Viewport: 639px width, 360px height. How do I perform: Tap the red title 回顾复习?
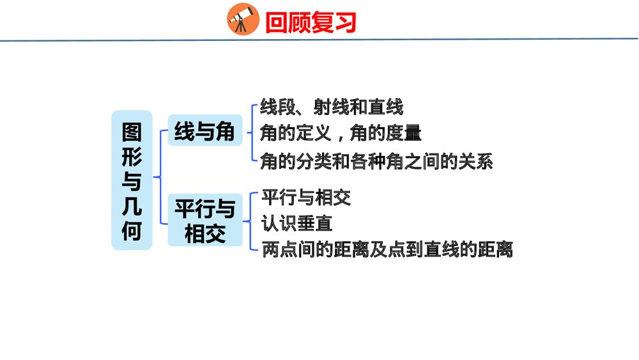[311, 22]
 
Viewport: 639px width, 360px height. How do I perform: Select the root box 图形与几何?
[132, 180]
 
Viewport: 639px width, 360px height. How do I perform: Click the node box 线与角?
[204, 131]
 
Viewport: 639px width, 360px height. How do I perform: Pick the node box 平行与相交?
[205, 221]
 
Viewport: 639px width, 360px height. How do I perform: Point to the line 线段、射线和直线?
[332, 107]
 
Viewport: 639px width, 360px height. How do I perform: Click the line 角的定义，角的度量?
[341, 134]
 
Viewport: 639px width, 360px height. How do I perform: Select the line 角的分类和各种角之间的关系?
[376, 161]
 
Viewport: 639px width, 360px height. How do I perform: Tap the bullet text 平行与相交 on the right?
[306, 198]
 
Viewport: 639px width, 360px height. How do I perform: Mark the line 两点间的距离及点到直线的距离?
[387, 249]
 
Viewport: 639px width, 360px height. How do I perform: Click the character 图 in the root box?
[132, 131]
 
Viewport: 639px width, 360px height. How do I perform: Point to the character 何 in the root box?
[132, 230]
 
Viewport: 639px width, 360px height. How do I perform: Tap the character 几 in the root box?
[132, 206]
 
